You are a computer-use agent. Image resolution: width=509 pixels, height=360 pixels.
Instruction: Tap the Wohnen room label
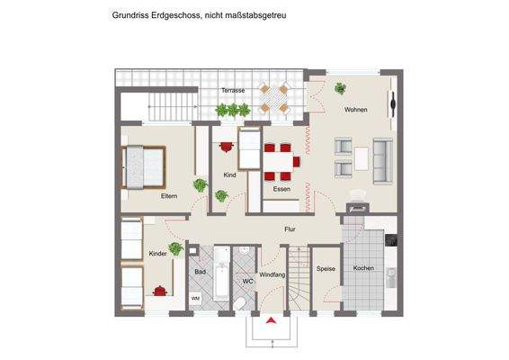(x=355, y=110)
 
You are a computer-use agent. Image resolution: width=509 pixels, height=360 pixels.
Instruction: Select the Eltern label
(x=169, y=195)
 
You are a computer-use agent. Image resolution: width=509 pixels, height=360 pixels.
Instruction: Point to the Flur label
(x=290, y=229)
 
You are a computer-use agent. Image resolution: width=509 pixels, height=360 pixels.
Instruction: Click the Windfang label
(x=272, y=274)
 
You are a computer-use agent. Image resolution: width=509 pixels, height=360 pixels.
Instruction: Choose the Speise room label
(x=325, y=268)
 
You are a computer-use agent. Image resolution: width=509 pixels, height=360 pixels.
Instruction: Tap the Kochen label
(x=363, y=268)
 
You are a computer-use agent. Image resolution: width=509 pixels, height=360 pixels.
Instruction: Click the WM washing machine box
(x=196, y=297)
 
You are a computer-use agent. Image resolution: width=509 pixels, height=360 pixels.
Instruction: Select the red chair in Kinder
(x=160, y=290)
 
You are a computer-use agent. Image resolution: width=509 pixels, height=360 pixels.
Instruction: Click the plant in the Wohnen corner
(x=340, y=88)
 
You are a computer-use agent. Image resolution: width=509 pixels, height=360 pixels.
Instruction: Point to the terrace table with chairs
(x=272, y=98)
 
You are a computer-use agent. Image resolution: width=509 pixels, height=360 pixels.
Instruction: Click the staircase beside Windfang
(x=298, y=292)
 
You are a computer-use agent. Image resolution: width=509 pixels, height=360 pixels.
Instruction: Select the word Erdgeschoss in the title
(x=180, y=15)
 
